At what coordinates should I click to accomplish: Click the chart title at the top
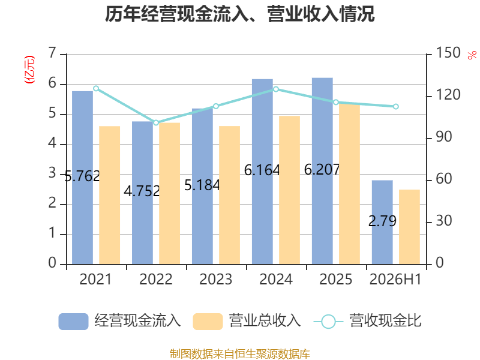[x=239, y=14]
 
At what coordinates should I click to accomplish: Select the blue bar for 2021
[x=82, y=178]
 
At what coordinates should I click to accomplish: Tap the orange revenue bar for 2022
[x=170, y=193]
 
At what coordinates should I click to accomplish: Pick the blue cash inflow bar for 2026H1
[x=382, y=222]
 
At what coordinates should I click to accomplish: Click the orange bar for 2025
[x=349, y=184]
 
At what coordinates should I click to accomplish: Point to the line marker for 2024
[x=276, y=89]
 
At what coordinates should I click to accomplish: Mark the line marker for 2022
[x=156, y=122]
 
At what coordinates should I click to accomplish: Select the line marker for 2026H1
[x=396, y=107]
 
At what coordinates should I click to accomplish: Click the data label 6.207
[x=322, y=170]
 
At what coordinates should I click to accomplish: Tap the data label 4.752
[x=142, y=191]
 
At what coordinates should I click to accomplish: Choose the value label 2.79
[x=382, y=221]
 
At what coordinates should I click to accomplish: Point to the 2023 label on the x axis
[x=216, y=279]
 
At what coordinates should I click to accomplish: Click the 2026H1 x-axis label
[x=395, y=279]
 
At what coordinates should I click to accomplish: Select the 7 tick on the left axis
[x=53, y=53]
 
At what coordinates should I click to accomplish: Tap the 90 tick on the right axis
[x=444, y=137]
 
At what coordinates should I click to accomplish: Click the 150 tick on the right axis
[x=448, y=53]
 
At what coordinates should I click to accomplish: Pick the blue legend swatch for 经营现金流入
[x=73, y=322]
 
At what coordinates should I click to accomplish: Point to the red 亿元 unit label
[x=29, y=70]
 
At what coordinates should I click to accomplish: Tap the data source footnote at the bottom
[x=240, y=353]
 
